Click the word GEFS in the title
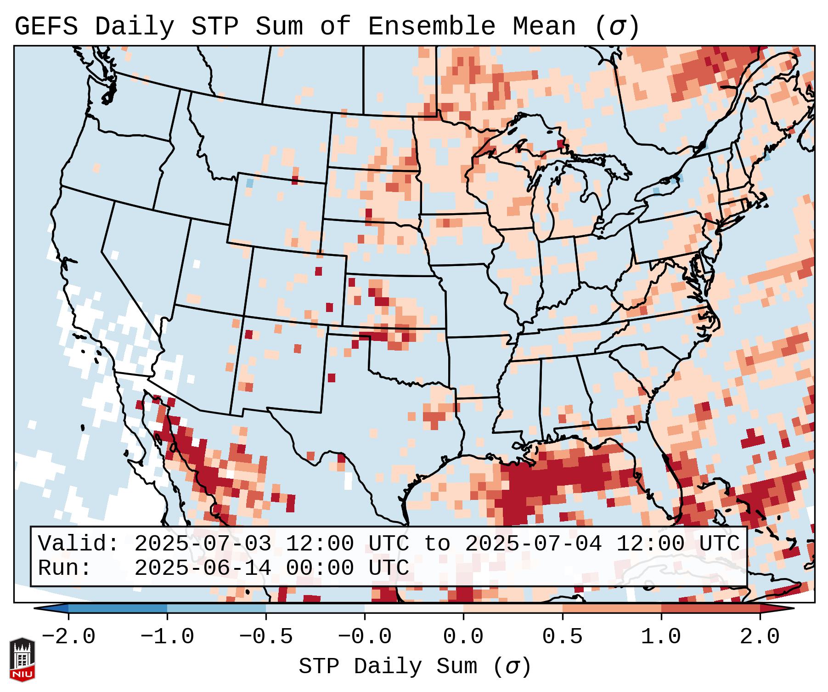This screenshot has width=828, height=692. [x=46, y=27]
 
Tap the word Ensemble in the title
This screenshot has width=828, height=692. [x=432, y=27]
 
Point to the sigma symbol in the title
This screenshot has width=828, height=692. [x=617, y=27]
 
